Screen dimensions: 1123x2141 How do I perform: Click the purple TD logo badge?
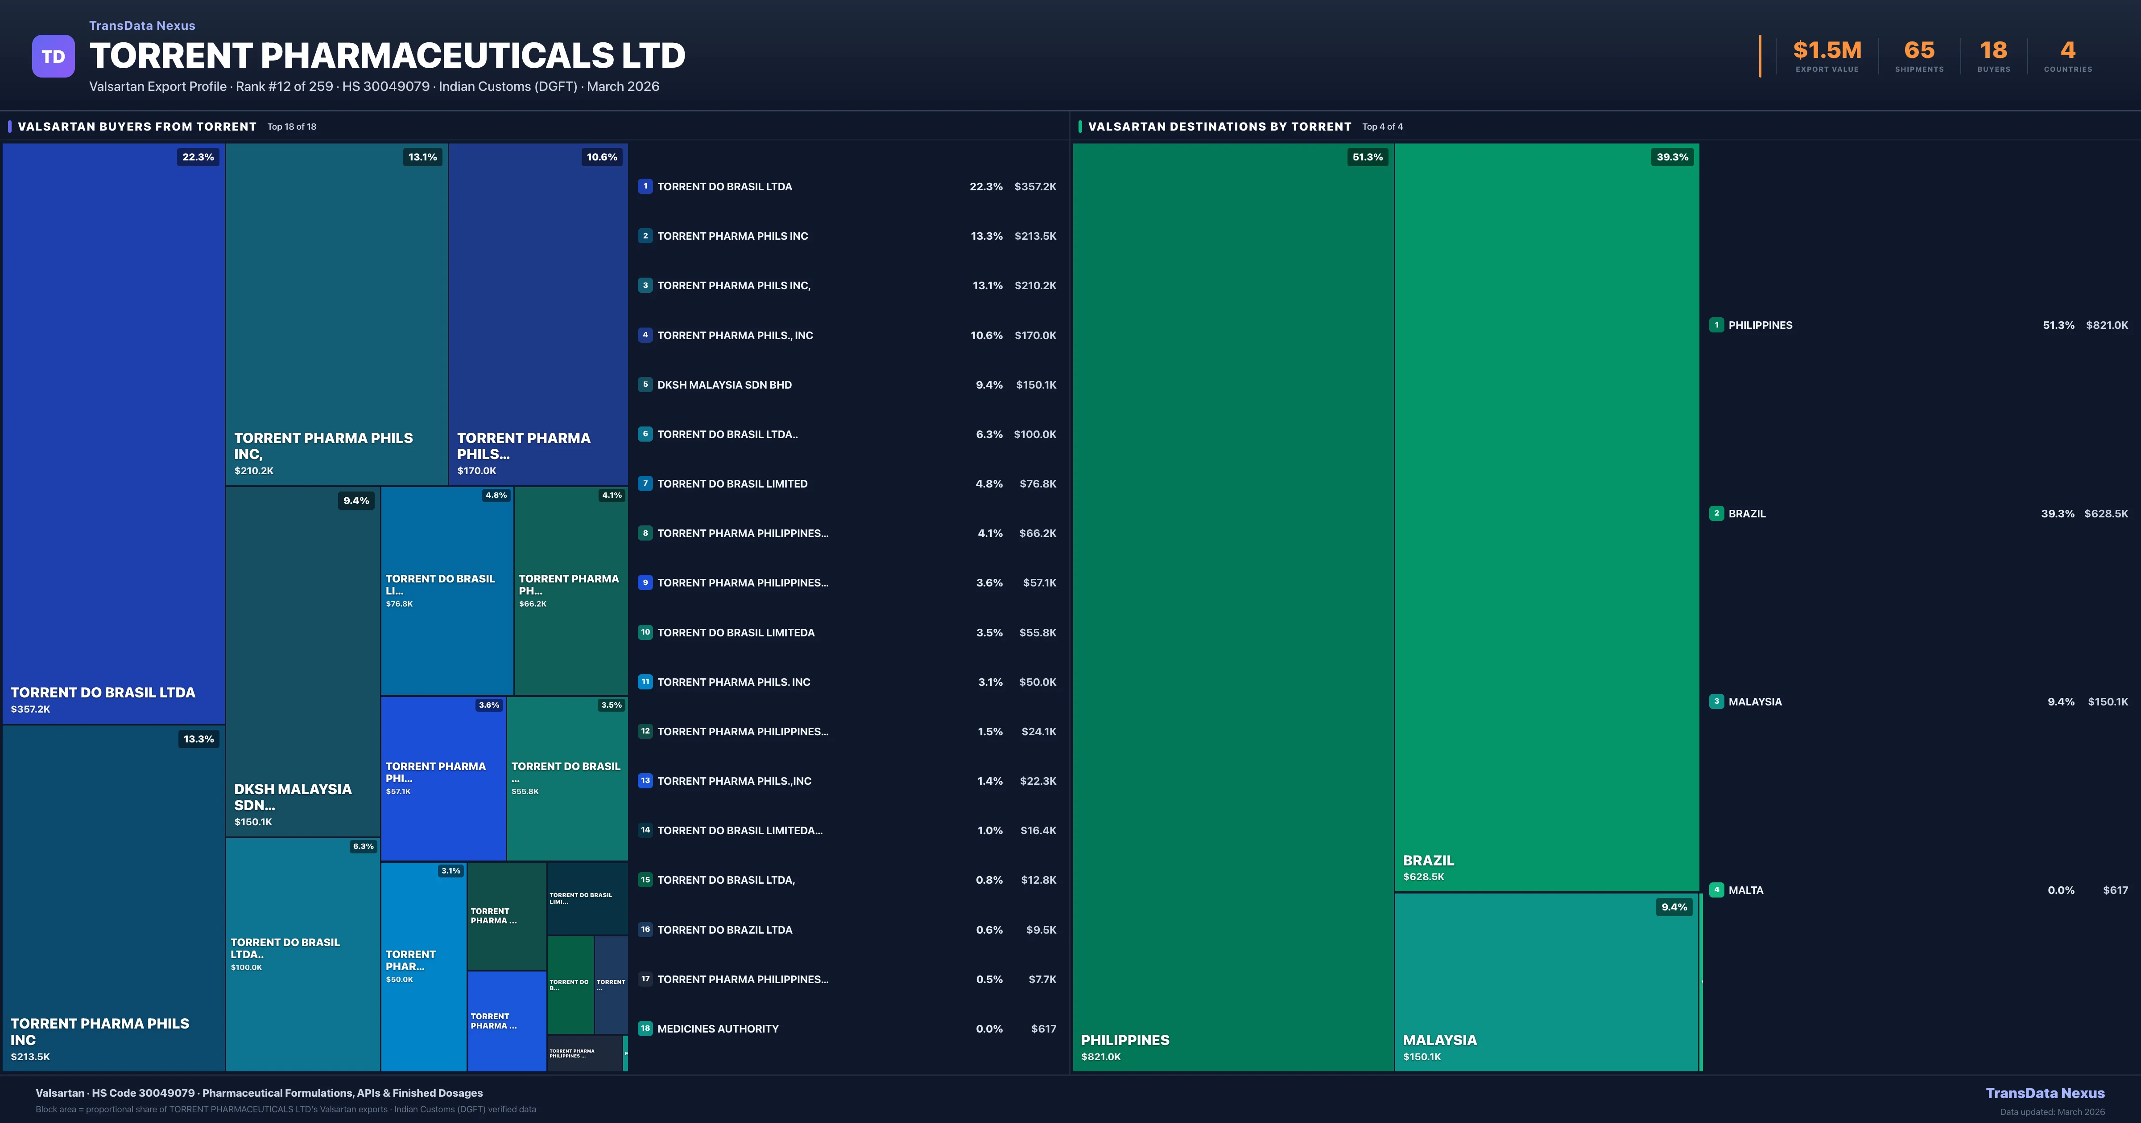53,57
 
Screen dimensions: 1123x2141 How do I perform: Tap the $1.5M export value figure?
1827,51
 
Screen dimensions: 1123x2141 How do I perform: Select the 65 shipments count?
1919,51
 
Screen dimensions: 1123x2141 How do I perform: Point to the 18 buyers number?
1993,51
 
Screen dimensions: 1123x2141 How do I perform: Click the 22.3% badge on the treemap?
198,157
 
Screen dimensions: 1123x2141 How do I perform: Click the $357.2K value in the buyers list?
1035,187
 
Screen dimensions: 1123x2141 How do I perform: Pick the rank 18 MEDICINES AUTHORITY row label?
717,1029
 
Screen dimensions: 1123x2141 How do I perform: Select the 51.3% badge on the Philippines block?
1367,157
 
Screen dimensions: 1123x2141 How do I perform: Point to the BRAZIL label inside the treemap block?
1428,861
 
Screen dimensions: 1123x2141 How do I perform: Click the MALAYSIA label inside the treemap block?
1439,1040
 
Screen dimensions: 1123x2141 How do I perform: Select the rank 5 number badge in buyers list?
645,385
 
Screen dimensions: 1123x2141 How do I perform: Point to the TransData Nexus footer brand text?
2045,1093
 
